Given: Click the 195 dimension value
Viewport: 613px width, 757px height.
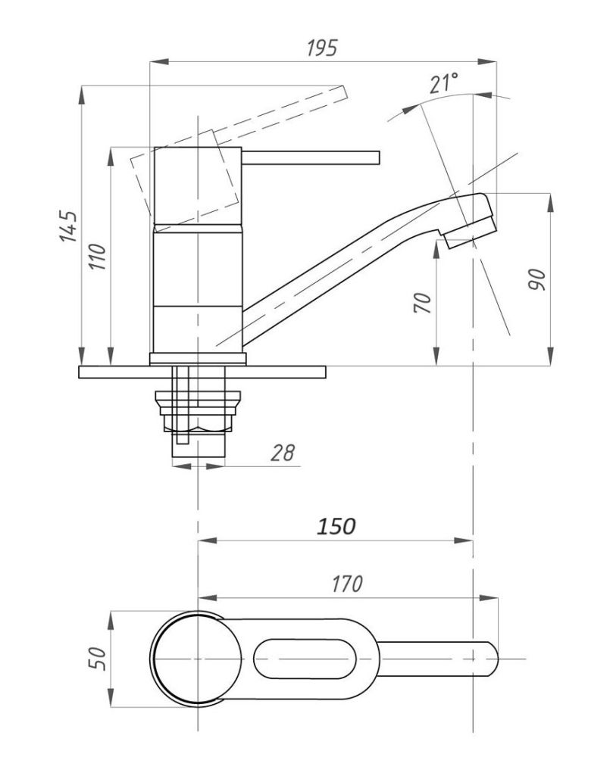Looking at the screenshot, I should click(321, 48).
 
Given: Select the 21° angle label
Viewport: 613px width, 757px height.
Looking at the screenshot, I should click(444, 83).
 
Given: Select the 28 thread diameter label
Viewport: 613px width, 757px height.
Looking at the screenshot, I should click(281, 453).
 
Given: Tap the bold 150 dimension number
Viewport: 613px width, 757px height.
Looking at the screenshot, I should click(335, 526).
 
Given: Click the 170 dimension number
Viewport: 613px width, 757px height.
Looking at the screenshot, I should click(346, 584).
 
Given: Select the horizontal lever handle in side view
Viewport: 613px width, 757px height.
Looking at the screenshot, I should click(311, 157).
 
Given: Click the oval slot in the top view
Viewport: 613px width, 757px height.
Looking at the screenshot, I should click(303, 659).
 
